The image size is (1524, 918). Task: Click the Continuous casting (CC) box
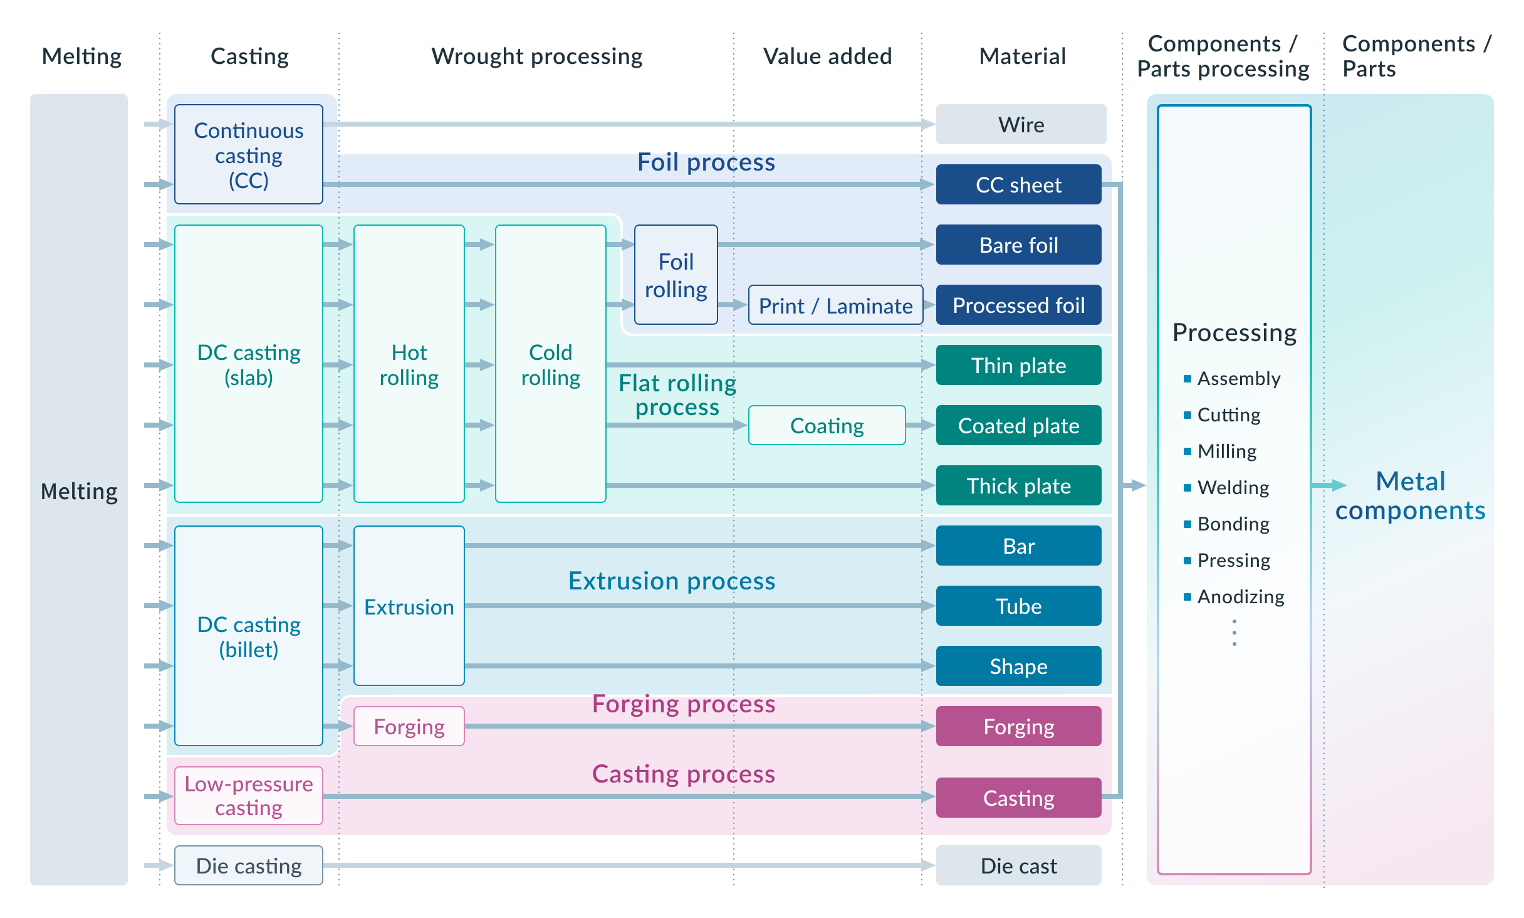point(249,154)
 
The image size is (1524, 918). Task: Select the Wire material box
point(1021,124)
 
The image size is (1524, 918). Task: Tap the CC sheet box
point(1018,184)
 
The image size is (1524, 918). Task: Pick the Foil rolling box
point(676,275)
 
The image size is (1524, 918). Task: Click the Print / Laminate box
point(835,305)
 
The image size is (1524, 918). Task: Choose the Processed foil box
point(1018,305)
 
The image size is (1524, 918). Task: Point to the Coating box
point(827,426)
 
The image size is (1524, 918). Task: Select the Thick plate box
point(1018,486)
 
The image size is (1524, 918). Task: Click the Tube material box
point(1018,606)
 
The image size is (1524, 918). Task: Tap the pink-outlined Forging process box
point(409,726)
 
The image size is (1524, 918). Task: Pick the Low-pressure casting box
point(249,796)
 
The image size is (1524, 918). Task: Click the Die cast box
point(1018,866)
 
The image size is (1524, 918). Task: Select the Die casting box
point(249,866)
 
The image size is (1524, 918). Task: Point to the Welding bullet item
point(1233,488)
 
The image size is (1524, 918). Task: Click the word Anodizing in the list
point(1241,597)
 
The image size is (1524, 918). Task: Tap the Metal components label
point(1410,496)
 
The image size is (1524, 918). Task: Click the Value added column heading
point(827,56)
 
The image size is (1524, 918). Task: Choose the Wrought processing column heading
point(536,56)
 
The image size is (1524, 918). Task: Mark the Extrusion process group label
point(671,581)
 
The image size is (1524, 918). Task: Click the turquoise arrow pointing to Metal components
point(1328,485)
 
